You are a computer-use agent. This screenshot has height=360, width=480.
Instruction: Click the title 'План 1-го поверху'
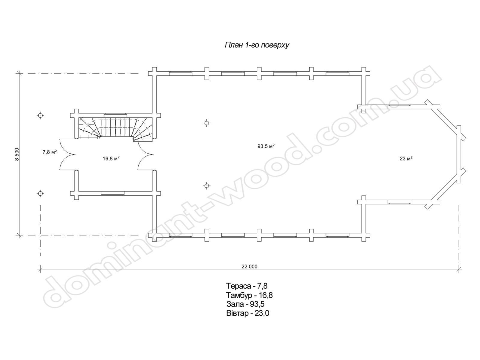tap(257, 45)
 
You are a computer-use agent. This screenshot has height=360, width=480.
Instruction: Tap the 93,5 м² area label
tap(266, 146)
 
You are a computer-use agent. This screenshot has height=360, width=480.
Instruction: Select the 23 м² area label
tap(406, 159)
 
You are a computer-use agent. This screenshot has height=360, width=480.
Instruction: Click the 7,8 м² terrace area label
tap(49, 152)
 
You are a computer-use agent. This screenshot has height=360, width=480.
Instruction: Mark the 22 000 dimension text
tap(249, 266)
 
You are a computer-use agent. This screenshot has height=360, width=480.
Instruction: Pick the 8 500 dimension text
tap(17, 154)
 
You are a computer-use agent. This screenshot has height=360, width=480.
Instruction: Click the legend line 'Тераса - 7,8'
tap(247, 285)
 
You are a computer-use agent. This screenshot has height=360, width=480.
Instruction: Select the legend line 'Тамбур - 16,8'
tap(249, 295)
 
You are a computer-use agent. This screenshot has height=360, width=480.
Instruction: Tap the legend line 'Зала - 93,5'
tap(245, 304)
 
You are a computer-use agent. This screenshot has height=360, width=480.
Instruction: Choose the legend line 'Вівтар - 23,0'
tap(247, 313)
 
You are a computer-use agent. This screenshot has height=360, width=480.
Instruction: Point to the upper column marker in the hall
tap(206, 123)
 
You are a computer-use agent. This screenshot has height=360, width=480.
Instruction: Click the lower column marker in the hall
tap(206, 186)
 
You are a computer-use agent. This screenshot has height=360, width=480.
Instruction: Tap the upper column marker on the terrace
tap(40, 115)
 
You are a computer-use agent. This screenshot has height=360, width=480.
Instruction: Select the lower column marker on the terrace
tap(40, 193)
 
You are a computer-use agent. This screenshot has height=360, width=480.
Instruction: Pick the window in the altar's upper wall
tap(399, 106)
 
